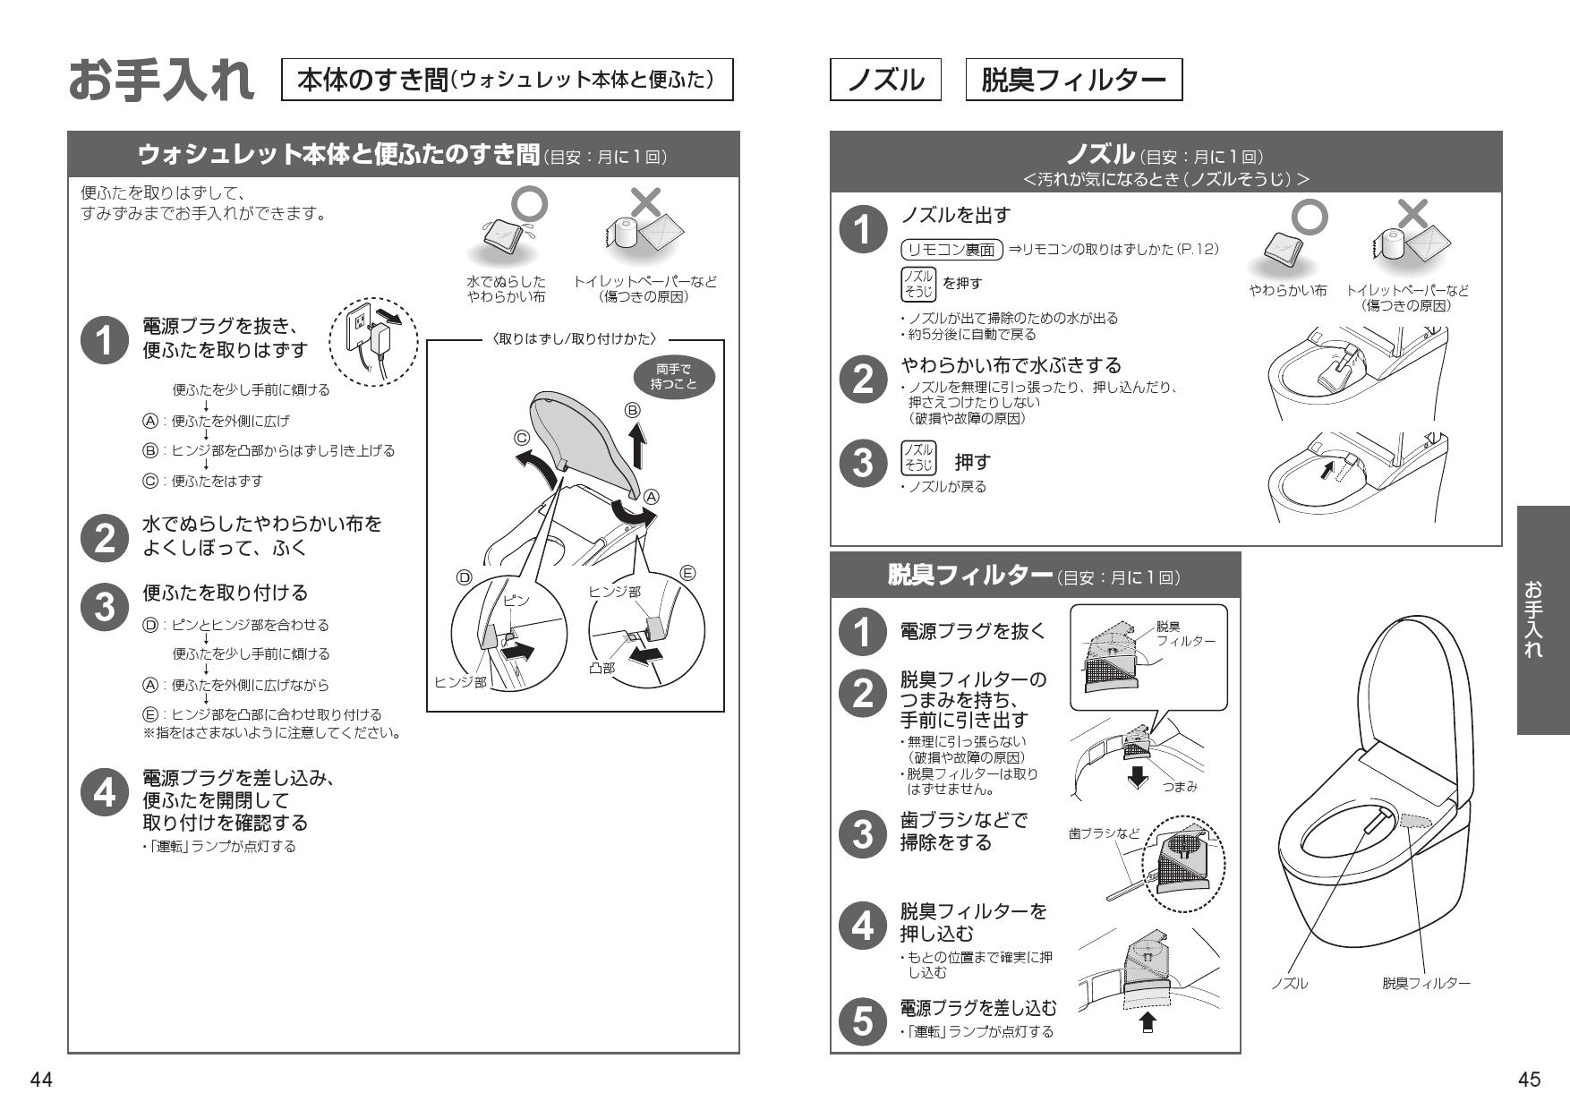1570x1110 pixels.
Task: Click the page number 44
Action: point(41,1080)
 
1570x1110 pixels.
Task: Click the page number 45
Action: point(1530,1080)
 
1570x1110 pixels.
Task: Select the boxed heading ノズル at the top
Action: point(885,80)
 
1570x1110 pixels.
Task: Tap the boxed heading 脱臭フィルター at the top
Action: point(1073,80)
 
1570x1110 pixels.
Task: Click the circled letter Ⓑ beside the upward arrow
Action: point(633,410)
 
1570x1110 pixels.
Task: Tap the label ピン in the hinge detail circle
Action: point(516,601)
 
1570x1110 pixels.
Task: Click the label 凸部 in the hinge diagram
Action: point(602,668)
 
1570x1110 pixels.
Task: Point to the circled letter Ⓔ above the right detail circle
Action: point(688,573)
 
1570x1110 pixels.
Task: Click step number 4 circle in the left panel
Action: point(105,793)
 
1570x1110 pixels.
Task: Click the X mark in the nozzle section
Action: point(1412,215)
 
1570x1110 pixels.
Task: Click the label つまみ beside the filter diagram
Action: point(1180,787)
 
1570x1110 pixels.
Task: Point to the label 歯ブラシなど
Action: point(1104,833)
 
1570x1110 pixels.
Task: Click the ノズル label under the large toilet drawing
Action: point(1289,983)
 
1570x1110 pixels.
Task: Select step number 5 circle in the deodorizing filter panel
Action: point(862,1020)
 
